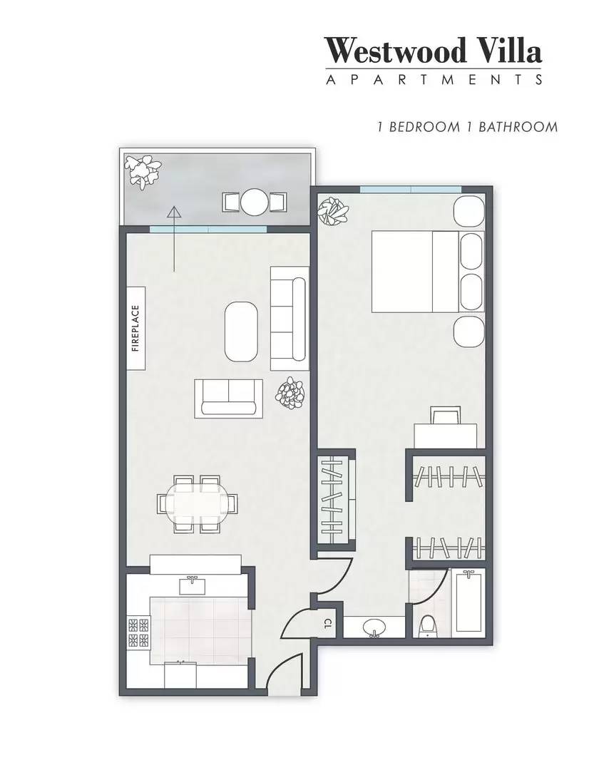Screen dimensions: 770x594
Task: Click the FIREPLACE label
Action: [x=136, y=329]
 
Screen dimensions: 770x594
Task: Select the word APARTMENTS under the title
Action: [x=434, y=79]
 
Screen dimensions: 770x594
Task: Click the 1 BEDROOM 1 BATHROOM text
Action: [x=467, y=128]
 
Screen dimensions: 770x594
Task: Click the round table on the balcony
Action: [x=254, y=202]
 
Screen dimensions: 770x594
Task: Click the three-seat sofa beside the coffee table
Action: [x=289, y=318]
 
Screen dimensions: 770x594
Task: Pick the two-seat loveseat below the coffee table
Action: [x=228, y=398]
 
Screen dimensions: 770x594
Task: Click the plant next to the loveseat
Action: [x=291, y=393]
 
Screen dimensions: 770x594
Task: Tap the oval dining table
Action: [x=197, y=504]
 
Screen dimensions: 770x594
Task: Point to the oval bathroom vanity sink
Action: [x=375, y=628]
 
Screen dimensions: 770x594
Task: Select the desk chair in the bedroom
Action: [x=446, y=415]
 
